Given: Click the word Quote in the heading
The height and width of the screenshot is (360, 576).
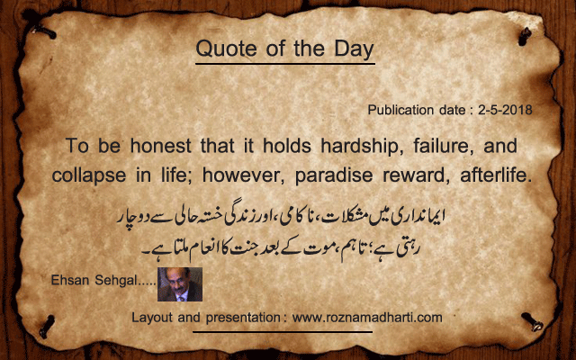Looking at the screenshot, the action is click(x=226, y=49).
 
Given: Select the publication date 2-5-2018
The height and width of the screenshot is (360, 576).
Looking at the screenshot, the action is click(x=505, y=110).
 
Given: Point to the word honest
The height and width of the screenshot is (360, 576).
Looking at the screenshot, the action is click(x=161, y=146).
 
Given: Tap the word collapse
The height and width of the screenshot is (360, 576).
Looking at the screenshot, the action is click(x=89, y=175).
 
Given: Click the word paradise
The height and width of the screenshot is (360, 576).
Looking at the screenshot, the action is click(x=334, y=175).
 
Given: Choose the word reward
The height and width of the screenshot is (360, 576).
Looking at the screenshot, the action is click(x=417, y=175).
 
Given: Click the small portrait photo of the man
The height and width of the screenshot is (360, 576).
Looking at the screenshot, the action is click(x=180, y=284).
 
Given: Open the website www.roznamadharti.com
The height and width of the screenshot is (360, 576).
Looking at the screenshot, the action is click(x=367, y=318).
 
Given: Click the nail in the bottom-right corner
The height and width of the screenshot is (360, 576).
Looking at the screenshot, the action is click(x=532, y=321).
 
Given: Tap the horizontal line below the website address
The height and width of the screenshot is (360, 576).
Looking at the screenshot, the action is click(x=283, y=332).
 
